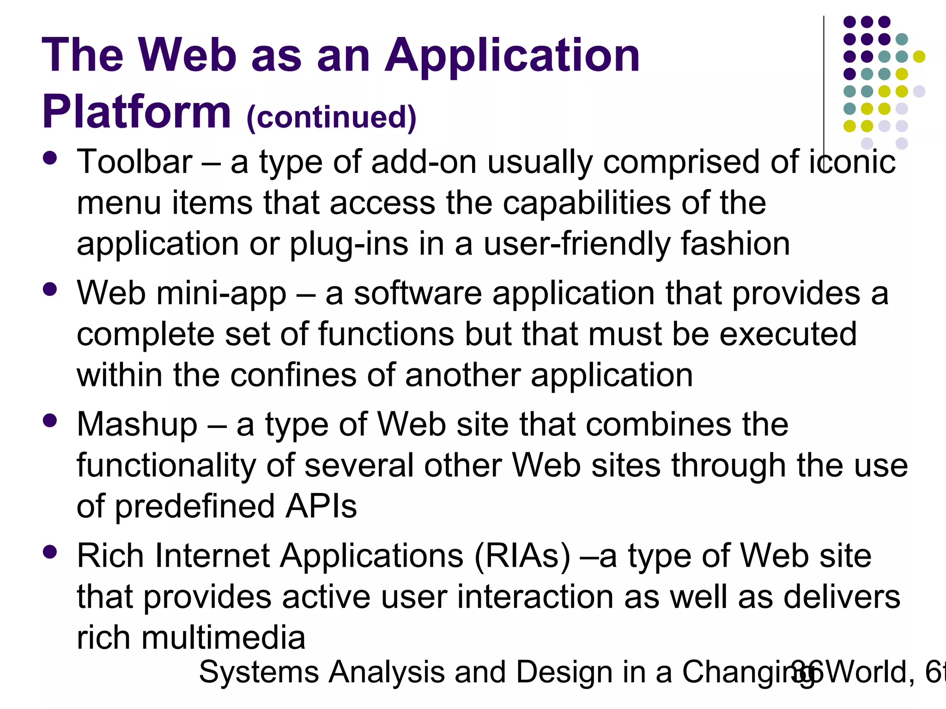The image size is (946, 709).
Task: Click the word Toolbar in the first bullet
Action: [134, 162]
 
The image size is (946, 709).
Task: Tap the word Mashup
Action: [137, 425]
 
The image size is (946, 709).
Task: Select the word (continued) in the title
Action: [331, 117]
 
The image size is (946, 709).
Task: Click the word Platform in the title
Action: [136, 112]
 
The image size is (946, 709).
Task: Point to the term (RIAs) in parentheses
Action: [522, 556]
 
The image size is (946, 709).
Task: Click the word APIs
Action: [321, 506]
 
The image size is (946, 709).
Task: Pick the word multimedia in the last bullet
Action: [223, 638]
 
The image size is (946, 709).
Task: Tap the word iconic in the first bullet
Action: [852, 162]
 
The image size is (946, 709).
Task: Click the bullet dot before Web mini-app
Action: [49, 290]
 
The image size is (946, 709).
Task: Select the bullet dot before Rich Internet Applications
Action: [49, 552]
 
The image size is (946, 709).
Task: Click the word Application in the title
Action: [512, 55]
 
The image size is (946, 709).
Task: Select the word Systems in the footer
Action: [259, 672]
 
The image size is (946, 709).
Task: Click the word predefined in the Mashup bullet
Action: [194, 506]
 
